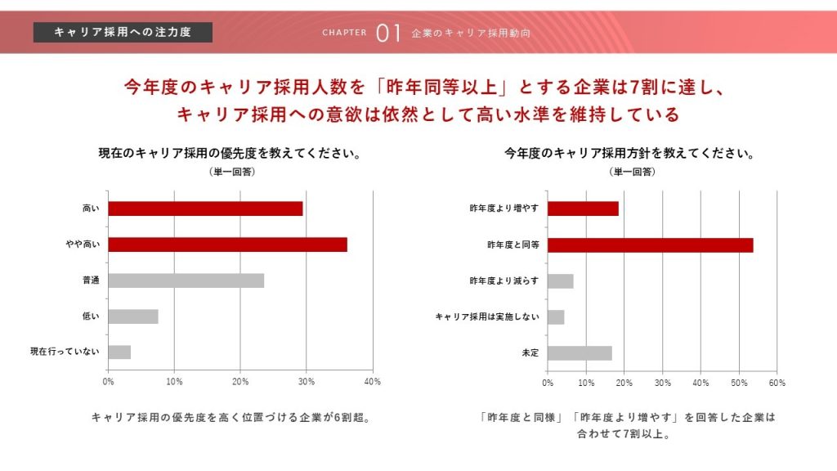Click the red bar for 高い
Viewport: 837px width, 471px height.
(x=205, y=209)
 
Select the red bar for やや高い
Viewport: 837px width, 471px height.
(x=227, y=244)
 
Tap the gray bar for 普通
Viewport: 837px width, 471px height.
(x=186, y=280)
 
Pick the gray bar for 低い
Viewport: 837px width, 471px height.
(x=132, y=316)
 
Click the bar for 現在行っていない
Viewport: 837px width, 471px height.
(x=119, y=352)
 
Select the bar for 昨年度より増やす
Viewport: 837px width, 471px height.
(x=583, y=209)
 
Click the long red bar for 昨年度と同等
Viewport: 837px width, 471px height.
(x=650, y=244)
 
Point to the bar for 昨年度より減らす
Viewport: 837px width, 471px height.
(x=560, y=280)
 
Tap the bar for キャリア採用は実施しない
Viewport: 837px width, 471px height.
(x=556, y=316)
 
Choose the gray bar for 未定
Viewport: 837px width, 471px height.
(x=580, y=352)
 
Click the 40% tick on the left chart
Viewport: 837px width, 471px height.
(x=372, y=382)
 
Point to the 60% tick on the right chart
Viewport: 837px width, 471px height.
(x=777, y=382)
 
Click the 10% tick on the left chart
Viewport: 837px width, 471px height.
(x=173, y=382)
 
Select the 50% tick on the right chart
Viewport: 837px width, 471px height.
(x=738, y=382)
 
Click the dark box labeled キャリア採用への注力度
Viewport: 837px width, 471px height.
(x=123, y=32)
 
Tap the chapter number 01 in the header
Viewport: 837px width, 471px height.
(x=388, y=33)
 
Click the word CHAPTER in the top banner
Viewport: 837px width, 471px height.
(x=344, y=34)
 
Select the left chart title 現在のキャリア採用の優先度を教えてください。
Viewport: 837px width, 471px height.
(x=230, y=153)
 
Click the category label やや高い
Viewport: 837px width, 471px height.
(x=83, y=244)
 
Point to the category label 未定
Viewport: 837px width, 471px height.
(x=530, y=352)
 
